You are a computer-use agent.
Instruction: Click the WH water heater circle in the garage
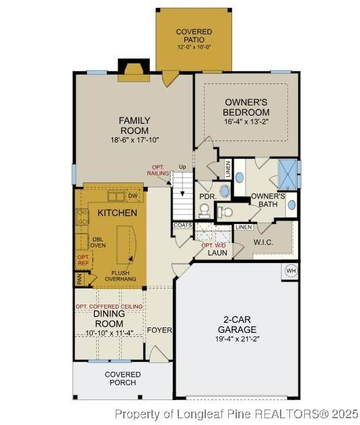point(291,270)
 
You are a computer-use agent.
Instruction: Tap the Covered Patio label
point(194,36)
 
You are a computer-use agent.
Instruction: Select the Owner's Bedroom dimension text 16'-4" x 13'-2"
point(246,122)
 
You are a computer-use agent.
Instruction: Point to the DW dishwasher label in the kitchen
point(133,196)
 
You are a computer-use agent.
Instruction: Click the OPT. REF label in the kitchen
point(83,260)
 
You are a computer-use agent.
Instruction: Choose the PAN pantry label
point(79,280)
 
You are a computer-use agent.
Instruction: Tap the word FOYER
point(159,330)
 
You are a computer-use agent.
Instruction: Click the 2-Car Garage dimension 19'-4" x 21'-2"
point(238,339)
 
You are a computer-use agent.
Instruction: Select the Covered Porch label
point(122,379)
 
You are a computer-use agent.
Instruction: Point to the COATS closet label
point(183,225)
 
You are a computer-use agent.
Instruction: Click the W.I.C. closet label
point(263,242)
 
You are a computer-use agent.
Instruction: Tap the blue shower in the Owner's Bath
point(288,174)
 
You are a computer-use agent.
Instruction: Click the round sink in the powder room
point(224,191)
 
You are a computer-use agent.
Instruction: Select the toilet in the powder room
point(204,211)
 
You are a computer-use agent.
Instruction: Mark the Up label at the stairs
point(182,167)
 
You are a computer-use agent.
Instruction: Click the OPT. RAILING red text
point(158,170)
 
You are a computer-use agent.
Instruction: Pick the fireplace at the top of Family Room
point(134,70)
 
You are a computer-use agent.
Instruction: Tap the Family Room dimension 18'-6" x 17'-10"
point(135,140)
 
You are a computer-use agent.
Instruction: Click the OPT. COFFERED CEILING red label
point(109,306)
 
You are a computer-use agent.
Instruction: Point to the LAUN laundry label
point(217,253)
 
